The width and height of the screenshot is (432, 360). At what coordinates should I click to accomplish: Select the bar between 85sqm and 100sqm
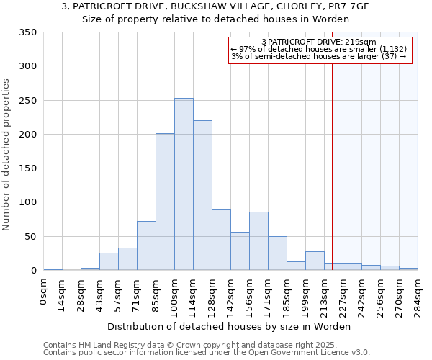point(165,202)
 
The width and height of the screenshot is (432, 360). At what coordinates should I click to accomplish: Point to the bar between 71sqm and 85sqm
point(146,246)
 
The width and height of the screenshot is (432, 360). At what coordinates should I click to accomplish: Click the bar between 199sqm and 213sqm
point(315,261)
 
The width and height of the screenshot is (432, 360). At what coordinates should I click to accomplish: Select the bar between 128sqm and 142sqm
point(221,240)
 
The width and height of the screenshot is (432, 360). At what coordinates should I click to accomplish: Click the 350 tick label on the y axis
point(28,32)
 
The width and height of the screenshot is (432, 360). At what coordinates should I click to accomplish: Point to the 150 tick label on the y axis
point(28,168)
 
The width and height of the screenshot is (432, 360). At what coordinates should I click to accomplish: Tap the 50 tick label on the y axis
point(31,236)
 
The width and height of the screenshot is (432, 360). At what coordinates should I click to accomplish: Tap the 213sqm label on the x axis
point(325,295)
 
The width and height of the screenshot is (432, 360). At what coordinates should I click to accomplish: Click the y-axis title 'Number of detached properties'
point(7,155)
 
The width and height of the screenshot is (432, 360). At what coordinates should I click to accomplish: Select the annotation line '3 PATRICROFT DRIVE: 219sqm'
point(319,42)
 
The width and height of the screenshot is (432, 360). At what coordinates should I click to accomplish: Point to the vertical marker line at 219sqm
point(332,166)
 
